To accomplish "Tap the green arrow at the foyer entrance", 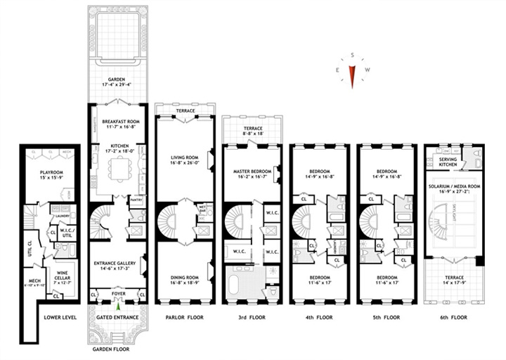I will coord(117,304).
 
